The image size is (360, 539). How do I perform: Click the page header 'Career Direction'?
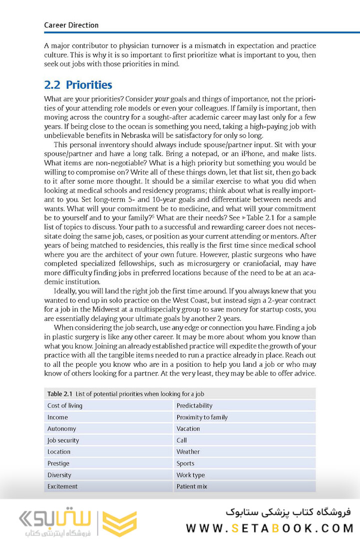tap(71, 25)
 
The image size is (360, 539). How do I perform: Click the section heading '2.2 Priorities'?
tap(78, 85)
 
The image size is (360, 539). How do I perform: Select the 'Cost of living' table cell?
tap(65, 406)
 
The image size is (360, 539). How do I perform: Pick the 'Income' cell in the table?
tap(57, 417)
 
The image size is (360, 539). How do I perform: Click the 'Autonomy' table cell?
tap(61, 429)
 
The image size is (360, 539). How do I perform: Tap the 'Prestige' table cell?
tap(58, 463)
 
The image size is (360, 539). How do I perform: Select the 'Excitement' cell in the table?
tap(62, 486)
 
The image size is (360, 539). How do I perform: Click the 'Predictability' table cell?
tap(194, 406)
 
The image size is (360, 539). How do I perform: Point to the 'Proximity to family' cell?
tap(202, 417)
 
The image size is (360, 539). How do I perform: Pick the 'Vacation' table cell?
tap(188, 429)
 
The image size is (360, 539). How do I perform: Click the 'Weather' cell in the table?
tap(188, 452)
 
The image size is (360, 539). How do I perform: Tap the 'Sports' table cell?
tap(185, 463)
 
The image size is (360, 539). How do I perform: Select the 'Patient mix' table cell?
tap(192, 486)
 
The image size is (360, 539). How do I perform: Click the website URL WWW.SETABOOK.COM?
tap(270, 528)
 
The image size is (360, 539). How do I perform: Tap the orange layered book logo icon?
tap(119, 523)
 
